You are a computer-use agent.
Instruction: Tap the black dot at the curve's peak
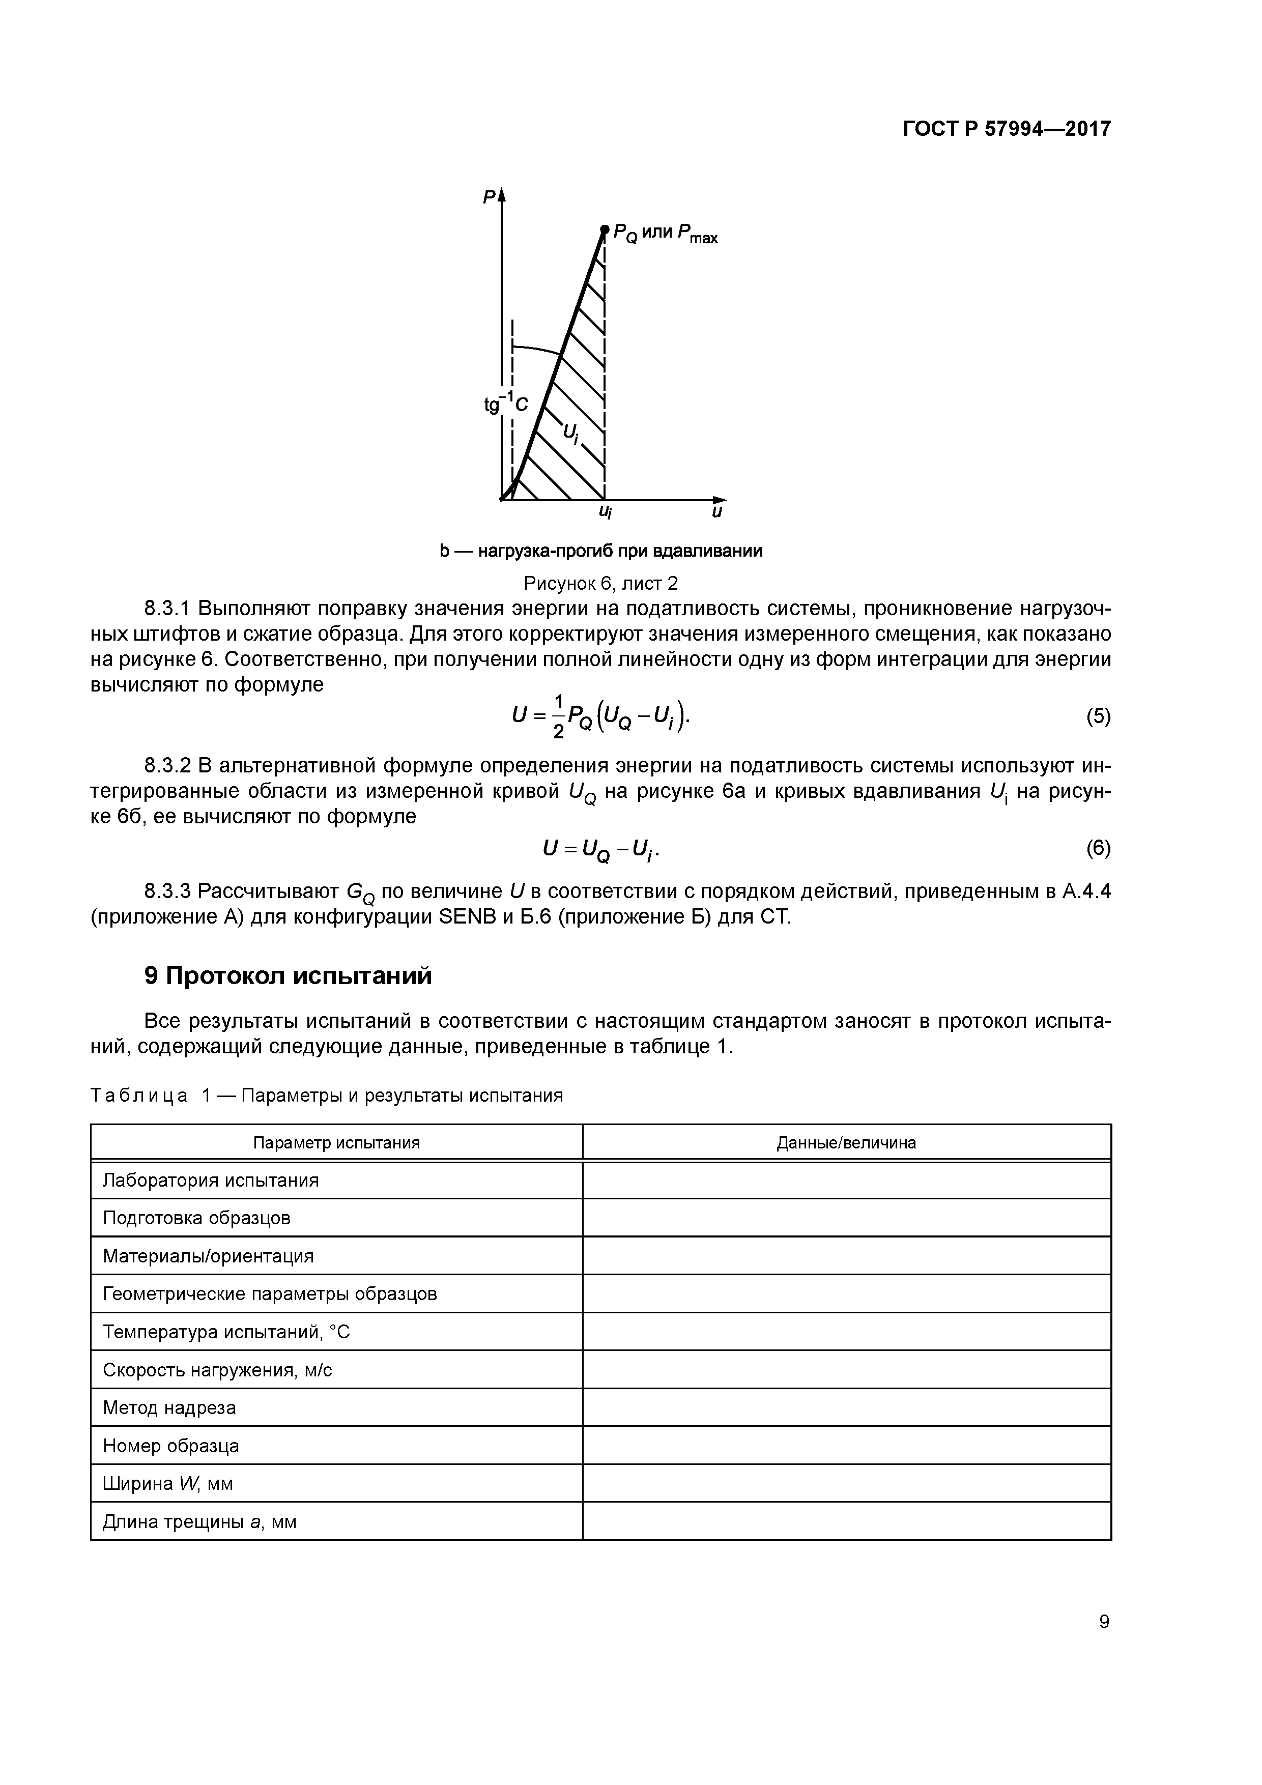[604, 229]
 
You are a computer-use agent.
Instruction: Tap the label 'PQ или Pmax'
[665, 233]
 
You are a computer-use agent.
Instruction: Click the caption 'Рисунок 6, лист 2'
[601, 582]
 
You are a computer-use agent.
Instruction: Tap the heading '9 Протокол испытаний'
[288, 975]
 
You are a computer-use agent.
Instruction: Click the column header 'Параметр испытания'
[337, 1142]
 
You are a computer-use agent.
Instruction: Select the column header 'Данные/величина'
[846, 1142]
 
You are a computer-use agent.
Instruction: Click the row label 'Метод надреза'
[169, 1407]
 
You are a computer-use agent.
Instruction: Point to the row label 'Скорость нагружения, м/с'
[218, 1370]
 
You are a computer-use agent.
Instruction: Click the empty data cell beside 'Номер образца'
[846, 1445]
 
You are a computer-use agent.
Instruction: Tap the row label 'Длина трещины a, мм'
[200, 1521]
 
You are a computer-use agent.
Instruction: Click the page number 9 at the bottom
[1104, 1621]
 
